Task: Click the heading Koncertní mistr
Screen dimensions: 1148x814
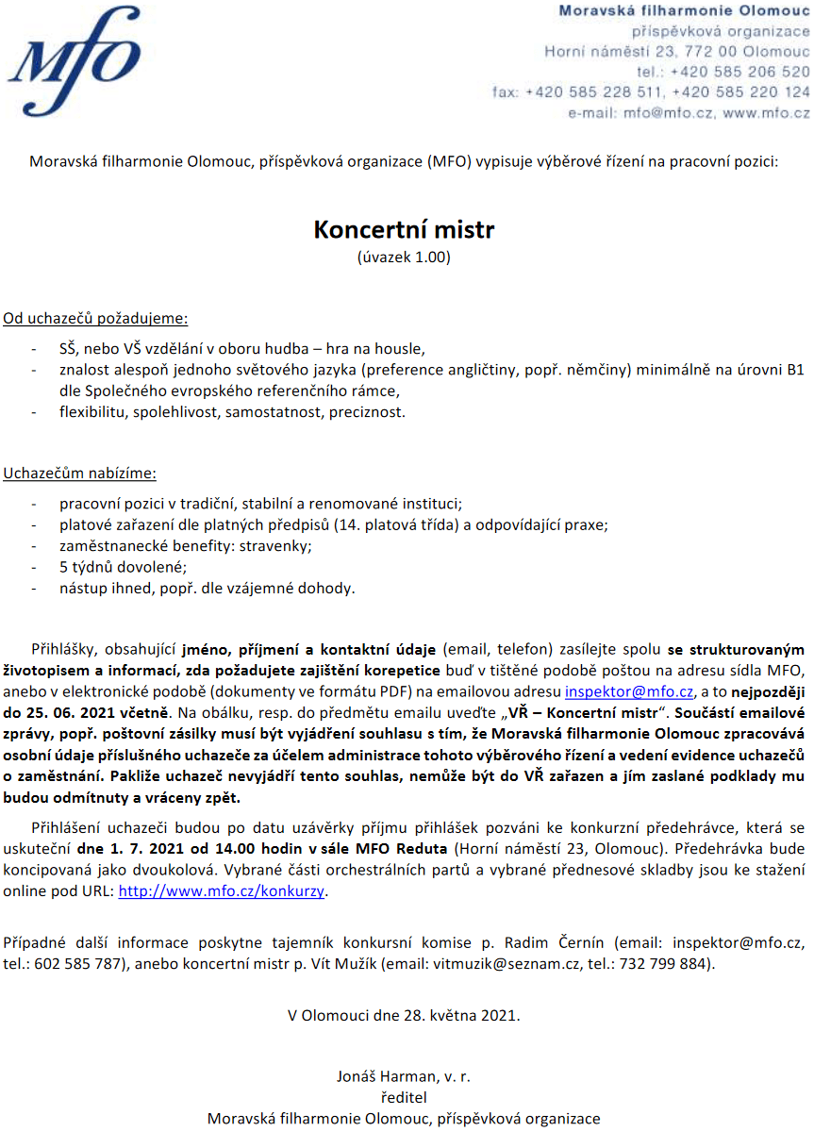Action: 404,230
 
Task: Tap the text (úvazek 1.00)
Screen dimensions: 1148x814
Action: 404,256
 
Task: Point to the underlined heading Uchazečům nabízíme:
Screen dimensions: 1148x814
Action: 80,473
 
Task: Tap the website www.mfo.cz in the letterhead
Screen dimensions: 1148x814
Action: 766,112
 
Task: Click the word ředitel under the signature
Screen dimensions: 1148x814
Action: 404,1097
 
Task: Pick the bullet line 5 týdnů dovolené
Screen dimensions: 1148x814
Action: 123,567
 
